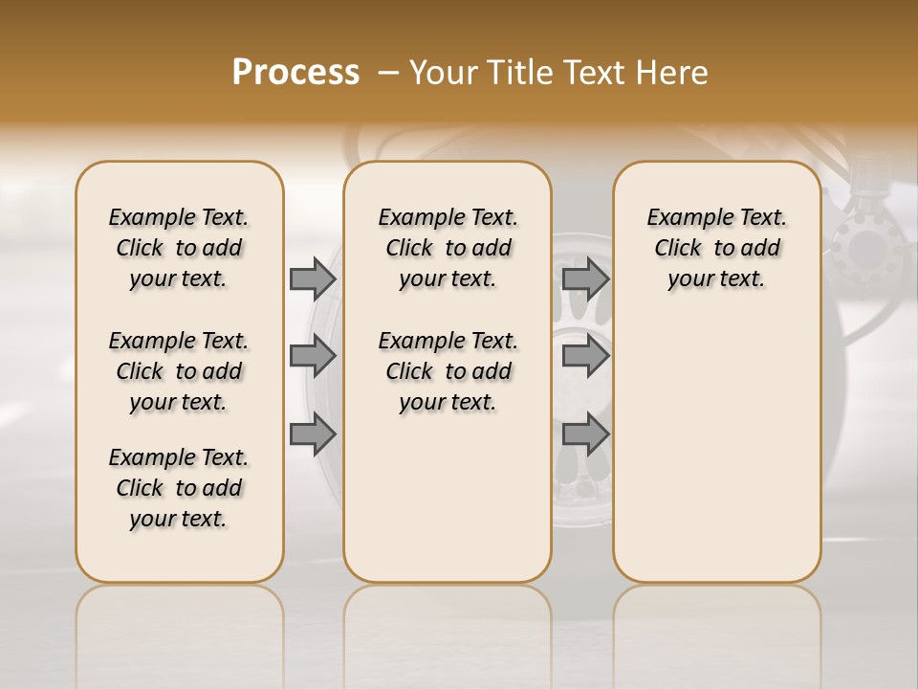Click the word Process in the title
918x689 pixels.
pyautogui.click(x=295, y=73)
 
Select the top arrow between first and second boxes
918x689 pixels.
pyautogui.click(x=313, y=278)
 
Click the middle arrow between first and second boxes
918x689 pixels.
pyautogui.click(x=313, y=356)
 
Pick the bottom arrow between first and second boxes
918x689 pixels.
pyautogui.click(x=313, y=434)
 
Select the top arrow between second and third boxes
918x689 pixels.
pyautogui.click(x=585, y=278)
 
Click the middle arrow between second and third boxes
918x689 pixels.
pyautogui.click(x=585, y=356)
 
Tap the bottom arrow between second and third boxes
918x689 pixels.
pyautogui.click(x=585, y=434)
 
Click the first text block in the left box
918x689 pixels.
pyautogui.click(x=179, y=248)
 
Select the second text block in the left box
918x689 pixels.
pyautogui.click(x=179, y=371)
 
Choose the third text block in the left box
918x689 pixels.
pyautogui.click(x=179, y=488)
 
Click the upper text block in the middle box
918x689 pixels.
pyautogui.click(x=448, y=248)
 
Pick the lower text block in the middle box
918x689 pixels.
pyautogui.click(x=448, y=371)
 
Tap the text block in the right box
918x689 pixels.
pyautogui.click(x=716, y=248)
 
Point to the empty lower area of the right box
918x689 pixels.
pyautogui.click(x=716, y=440)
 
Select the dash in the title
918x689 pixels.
pyautogui.click(x=389, y=73)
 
